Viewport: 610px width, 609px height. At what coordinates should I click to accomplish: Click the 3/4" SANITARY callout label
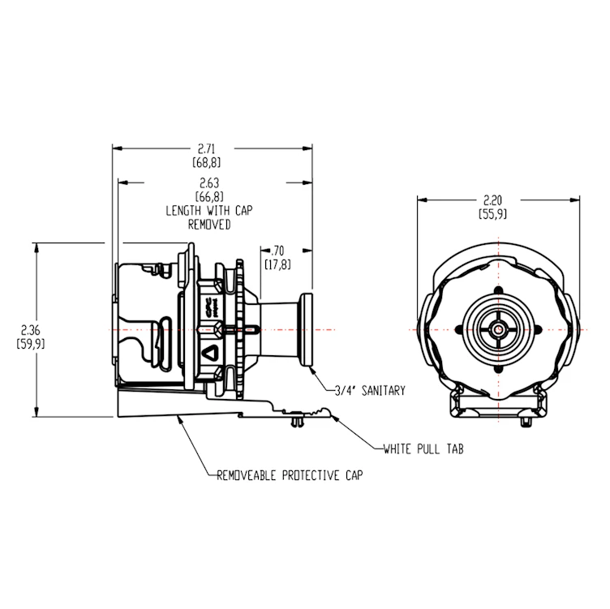click(370, 390)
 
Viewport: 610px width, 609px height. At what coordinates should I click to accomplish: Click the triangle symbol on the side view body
click(208, 354)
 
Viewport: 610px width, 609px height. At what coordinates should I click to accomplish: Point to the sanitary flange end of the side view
click(305, 329)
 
